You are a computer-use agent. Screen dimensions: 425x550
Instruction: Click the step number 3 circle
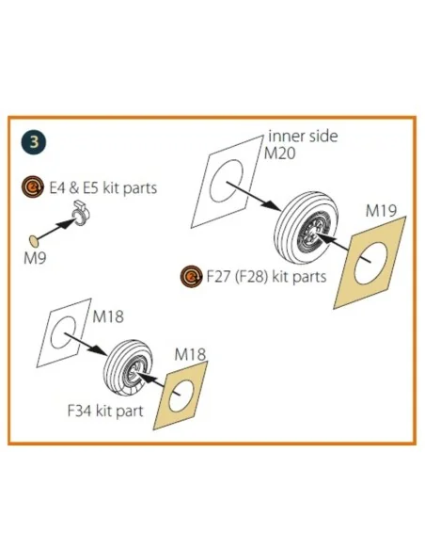click(34, 142)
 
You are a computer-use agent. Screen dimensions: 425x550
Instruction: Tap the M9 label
click(35, 258)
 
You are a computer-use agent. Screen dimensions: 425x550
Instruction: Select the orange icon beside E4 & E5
click(33, 187)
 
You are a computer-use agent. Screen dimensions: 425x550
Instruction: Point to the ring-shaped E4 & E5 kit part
click(81, 214)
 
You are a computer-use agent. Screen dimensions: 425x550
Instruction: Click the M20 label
click(279, 154)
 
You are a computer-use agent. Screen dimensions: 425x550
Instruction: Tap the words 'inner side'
click(303, 137)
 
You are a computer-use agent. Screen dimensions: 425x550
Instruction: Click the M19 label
click(381, 210)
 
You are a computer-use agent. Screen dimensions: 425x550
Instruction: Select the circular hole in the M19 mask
click(370, 264)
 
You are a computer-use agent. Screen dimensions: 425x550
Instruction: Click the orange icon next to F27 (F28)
click(191, 276)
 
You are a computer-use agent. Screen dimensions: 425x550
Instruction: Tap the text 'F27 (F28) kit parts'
click(266, 276)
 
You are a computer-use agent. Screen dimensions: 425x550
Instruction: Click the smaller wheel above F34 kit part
click(128, 367)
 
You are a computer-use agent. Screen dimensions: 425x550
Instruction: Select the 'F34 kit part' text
click(105, 411)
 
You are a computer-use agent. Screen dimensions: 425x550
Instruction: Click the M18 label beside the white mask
click(108, 316)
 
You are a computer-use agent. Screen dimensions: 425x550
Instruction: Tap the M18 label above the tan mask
click(190, 354)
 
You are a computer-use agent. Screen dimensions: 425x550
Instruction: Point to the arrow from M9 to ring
click(55, 230)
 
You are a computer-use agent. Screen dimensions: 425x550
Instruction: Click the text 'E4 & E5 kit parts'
click(102, 188)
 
